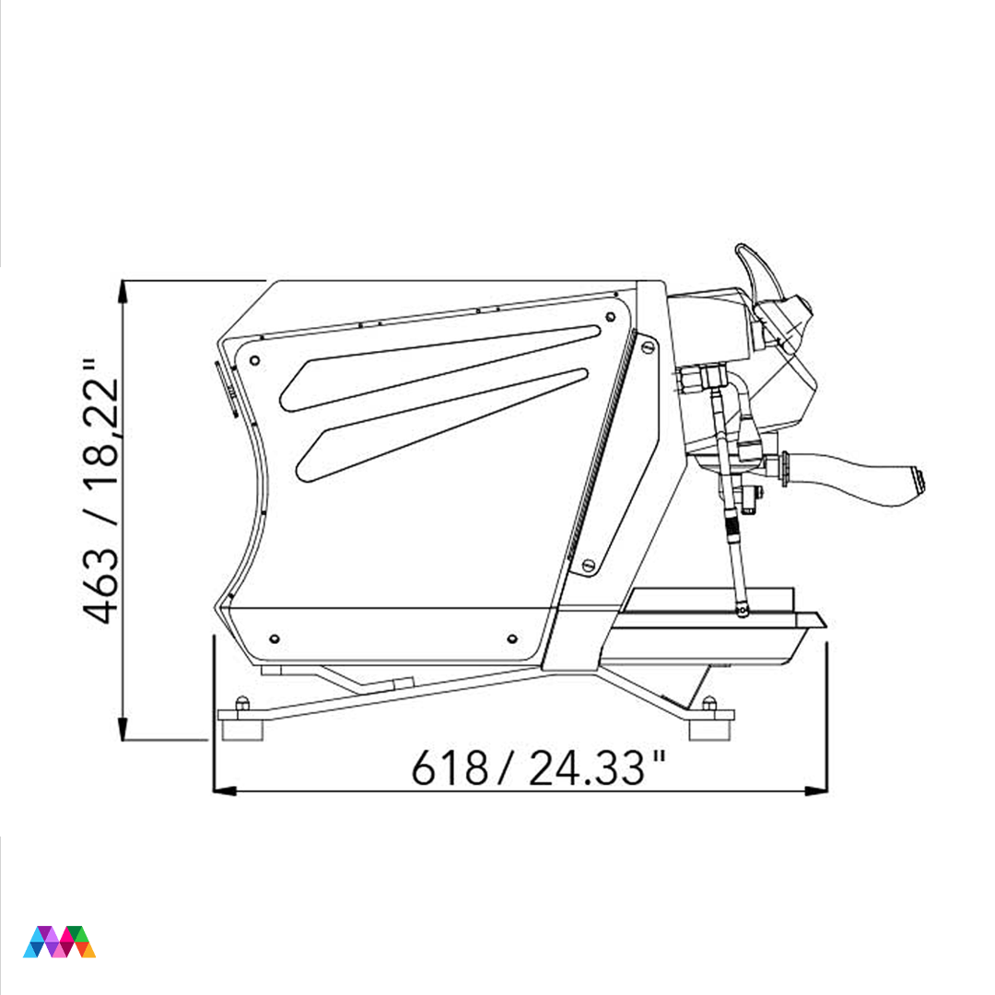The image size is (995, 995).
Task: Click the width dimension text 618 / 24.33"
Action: tap(538, 767)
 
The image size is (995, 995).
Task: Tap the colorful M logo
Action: tap(59, 942)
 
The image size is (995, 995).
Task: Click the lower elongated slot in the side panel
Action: tap(441, 424)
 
